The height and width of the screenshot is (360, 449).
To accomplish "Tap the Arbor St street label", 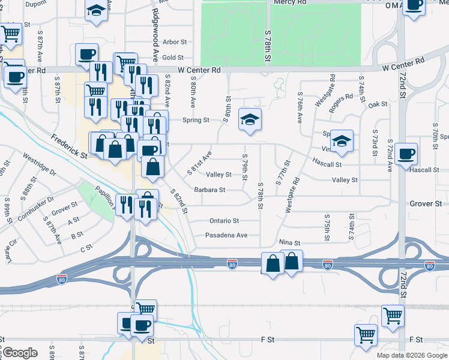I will tap(175, 42).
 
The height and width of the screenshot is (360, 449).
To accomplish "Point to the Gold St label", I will tap(172, 58).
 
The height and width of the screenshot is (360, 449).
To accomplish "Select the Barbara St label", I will tap(209, 190).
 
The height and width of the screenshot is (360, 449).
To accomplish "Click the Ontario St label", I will tap(224, 221).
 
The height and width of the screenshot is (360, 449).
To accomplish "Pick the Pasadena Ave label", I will tap(226, 235).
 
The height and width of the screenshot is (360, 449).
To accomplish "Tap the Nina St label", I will tap(289, 242).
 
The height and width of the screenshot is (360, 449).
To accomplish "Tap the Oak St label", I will tap(378, 104).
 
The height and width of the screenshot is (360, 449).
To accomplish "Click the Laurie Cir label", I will tap(11, 247).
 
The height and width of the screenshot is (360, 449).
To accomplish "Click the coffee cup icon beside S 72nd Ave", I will tap(406, 153).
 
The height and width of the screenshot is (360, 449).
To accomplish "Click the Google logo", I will tap(19, 353).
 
